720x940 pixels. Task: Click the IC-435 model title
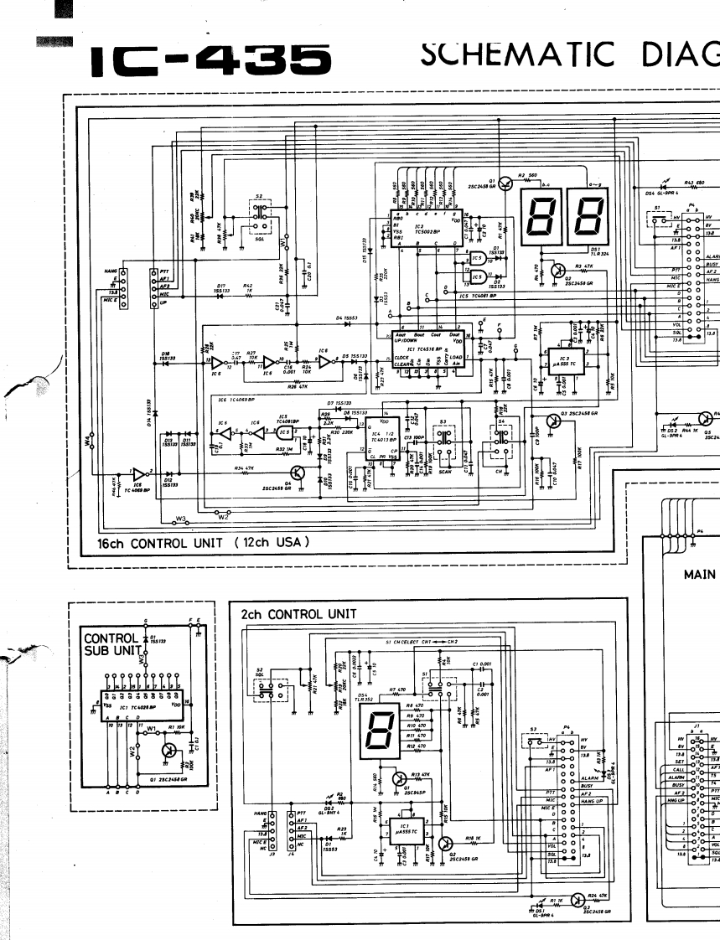tap(210, 59)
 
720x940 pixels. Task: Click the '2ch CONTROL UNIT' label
tap(298, 614)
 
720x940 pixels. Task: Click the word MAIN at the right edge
tap(699, 575)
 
